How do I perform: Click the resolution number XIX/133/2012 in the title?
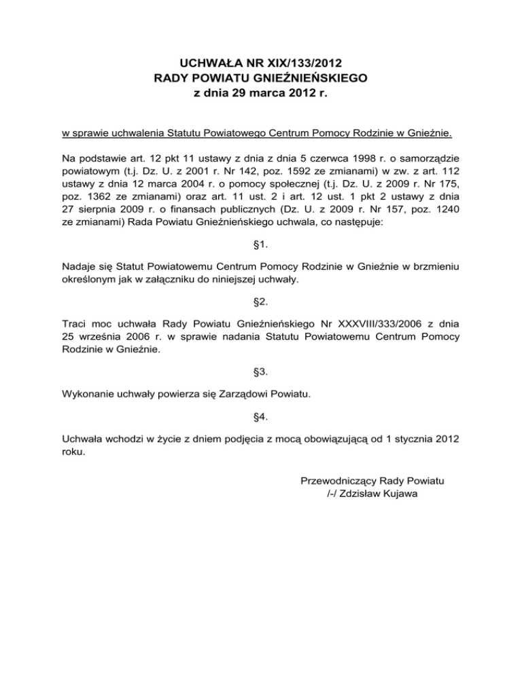click(x=313, y=66)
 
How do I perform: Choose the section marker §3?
click(x=261, y=373)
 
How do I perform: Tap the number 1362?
click(x=94, y=200)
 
